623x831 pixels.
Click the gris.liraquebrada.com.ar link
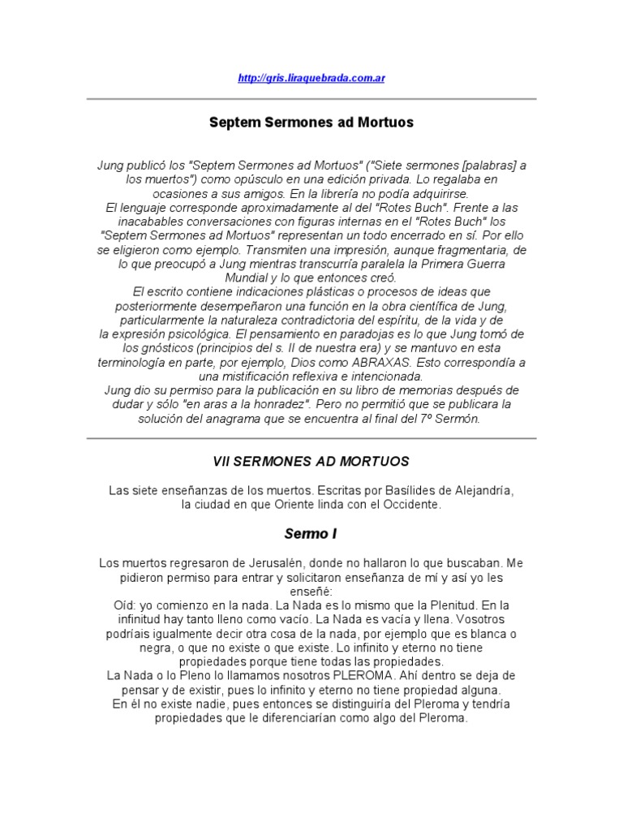[x=311, y=78]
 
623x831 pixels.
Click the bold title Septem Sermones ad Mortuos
[x=311, y=123]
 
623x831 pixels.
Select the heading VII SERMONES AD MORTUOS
[x=311, y=461]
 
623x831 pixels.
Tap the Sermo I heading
[x=311, y=534]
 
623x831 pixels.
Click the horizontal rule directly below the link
[x=311, y=99]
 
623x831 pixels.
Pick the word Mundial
[x=248, y=278]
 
